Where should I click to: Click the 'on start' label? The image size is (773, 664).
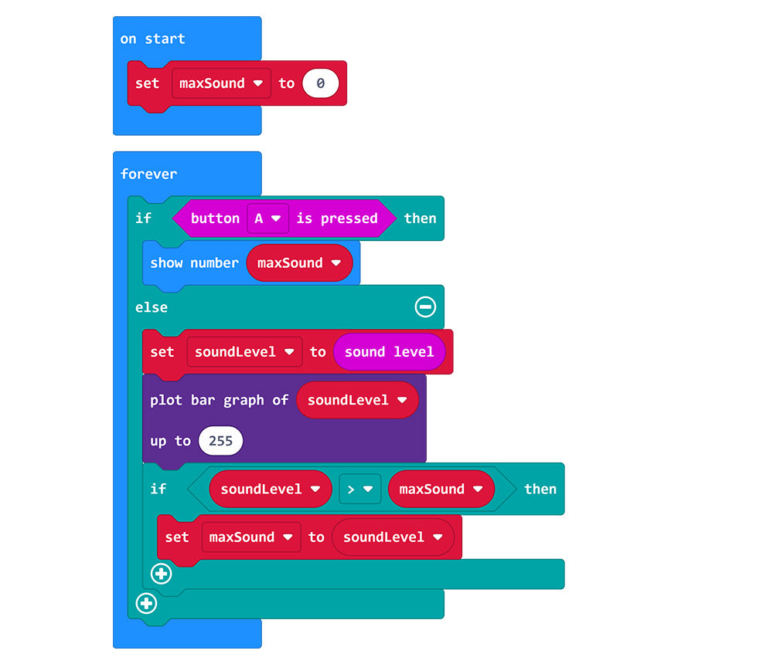point(152,39)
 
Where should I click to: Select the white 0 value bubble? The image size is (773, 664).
point(320,83)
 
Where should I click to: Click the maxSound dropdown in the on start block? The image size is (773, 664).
point(221,83)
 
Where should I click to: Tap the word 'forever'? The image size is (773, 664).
point(148,174)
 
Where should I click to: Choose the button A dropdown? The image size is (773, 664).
point(267,219)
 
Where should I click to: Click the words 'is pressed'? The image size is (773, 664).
point(337,219)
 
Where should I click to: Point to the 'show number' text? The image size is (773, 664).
point(194,263)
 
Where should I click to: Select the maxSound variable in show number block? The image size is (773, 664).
point(299,263)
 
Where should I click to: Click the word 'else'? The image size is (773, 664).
point(152,307)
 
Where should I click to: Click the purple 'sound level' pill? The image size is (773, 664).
point(389,352)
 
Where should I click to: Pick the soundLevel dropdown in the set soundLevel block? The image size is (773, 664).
point(244,352)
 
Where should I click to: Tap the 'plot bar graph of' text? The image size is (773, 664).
point(219,400)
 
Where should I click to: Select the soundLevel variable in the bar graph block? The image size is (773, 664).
point(357,400)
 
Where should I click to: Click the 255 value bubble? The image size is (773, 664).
point(220,442)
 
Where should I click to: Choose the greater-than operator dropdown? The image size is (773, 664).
point(359,489)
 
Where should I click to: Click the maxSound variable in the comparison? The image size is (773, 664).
point(441,489)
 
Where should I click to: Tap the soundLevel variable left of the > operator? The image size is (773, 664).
point(270,489)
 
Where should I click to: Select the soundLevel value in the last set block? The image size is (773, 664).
point(393,537)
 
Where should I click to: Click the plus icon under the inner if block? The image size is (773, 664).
point(162,574)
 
